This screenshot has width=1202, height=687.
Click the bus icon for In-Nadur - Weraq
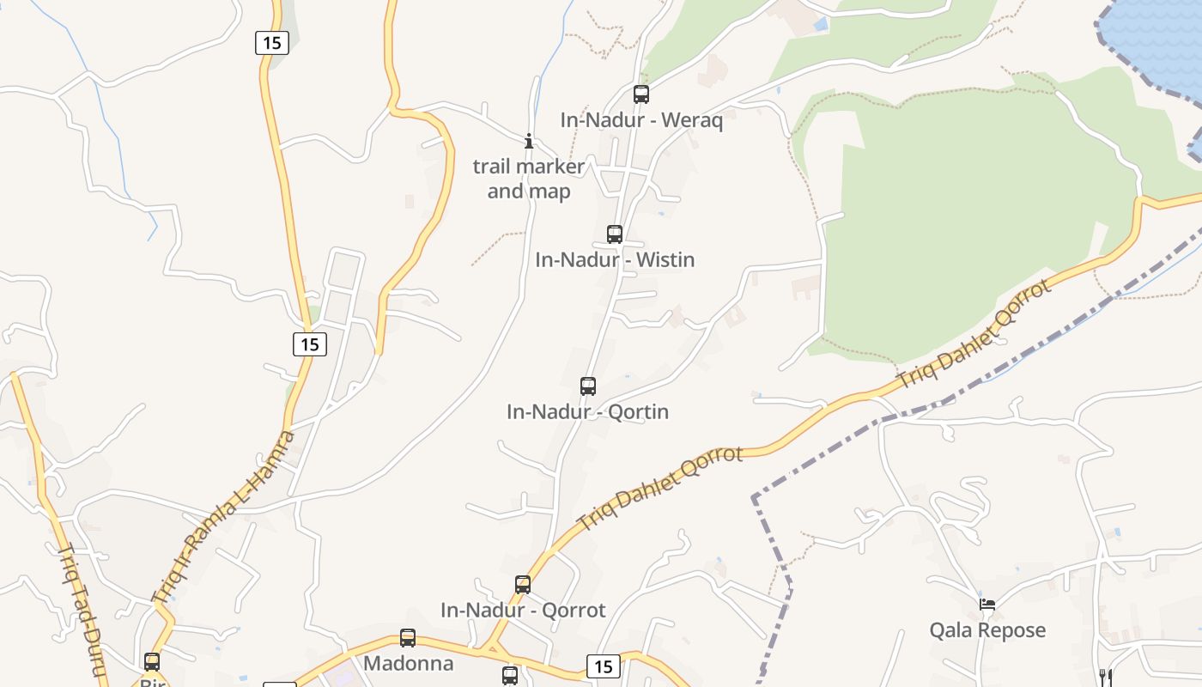641,94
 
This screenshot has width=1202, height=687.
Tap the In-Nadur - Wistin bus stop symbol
615,234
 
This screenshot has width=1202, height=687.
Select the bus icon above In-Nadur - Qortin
588,386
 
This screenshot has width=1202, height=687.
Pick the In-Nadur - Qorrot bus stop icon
523,585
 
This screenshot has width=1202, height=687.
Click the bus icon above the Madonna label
408,638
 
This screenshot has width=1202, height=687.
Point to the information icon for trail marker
529,141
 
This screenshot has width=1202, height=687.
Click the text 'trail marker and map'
529,179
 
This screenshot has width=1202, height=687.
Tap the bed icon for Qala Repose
987,605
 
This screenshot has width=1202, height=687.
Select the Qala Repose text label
987,630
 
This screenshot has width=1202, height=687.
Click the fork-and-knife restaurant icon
1106,677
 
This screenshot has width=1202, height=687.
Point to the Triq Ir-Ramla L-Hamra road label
223,516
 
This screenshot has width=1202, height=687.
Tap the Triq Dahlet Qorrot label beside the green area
974,335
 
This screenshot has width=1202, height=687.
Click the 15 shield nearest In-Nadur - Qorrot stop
604,666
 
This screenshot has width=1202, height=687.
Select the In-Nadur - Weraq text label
641,120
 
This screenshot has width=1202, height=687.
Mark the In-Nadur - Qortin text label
587,412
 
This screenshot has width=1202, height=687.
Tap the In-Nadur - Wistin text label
615,259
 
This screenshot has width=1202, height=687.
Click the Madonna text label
408,664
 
